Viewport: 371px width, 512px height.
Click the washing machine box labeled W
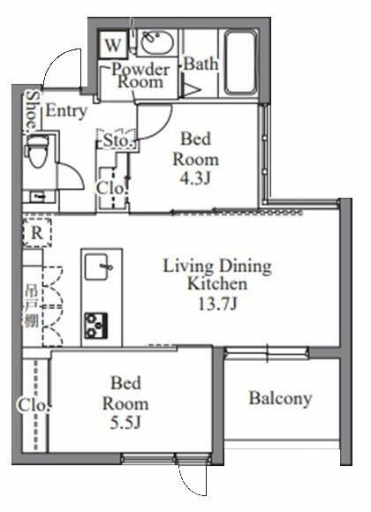click(x=113, y=43)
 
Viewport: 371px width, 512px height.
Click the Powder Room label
click(x=137, y=74)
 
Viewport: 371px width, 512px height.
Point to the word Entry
click(x=66, y=111)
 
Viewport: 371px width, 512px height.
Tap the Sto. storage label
click(x=117, y=140)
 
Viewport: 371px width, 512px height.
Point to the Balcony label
click(x=280, y=398)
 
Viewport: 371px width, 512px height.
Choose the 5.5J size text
click(x=129, y=421)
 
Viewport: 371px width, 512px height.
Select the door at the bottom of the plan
click(x=191, y=481)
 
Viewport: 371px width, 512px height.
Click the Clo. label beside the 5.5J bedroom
click(x=27, y=405)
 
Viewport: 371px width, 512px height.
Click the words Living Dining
click(x=216, y=267)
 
